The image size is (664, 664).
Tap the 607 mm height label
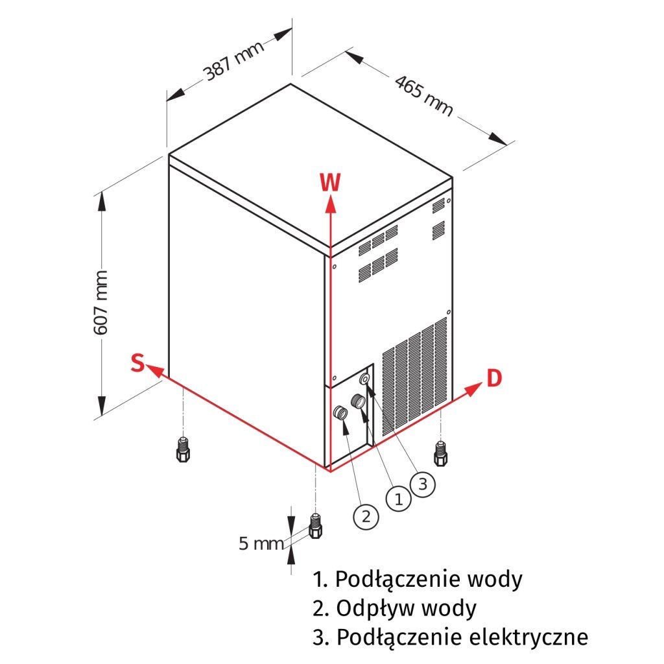tap(101, 303)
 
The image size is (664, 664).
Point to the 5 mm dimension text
tap(261, 543)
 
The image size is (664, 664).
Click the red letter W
tap(329, 183)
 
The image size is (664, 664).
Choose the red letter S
tap(136, 363)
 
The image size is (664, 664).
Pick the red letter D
tap(494, 378)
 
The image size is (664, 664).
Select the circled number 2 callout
tap(365, 516)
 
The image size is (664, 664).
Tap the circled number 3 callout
tap(421, 483)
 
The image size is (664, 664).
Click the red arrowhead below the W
tap(330, 204)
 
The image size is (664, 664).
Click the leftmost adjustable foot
tap(182, 450)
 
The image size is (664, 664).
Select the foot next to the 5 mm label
tap(316, 526)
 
